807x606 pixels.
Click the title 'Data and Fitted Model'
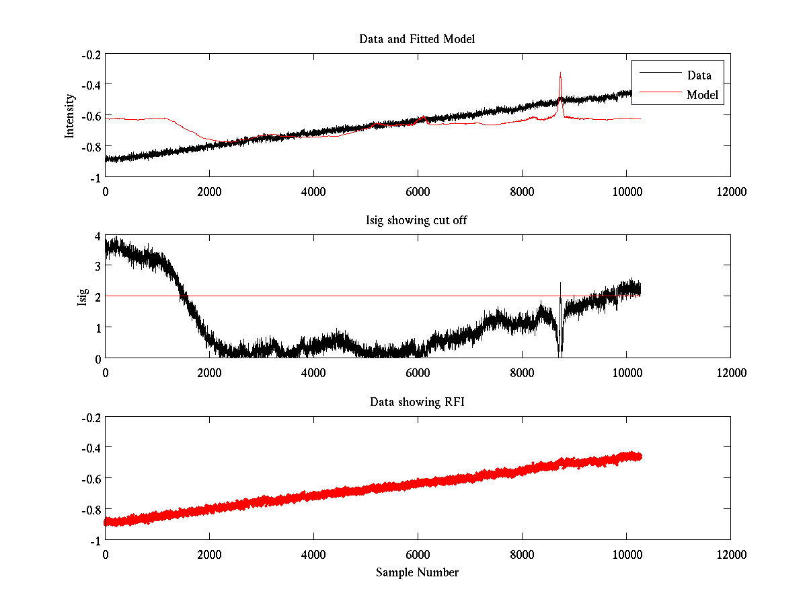coord(417,39)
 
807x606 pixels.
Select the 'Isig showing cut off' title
coord(417,221)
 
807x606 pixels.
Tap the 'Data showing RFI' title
coord(417,402)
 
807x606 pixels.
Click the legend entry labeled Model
coord(703,95)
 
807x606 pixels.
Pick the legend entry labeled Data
coord(699,75)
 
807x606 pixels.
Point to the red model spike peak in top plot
coord(560,73)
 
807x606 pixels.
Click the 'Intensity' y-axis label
coord(69,115)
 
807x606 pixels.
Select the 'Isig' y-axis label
coord(83,297)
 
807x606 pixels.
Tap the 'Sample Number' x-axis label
coord(417,572)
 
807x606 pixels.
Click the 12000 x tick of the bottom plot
coord(730,554)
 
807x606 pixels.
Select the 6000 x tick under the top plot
coord(418,191)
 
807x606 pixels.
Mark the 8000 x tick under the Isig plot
coord(522,372)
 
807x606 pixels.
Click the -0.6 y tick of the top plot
coord(92,115)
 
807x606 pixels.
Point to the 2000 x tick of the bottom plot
coord(209,554)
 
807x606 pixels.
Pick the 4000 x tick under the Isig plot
coord(313,372)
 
